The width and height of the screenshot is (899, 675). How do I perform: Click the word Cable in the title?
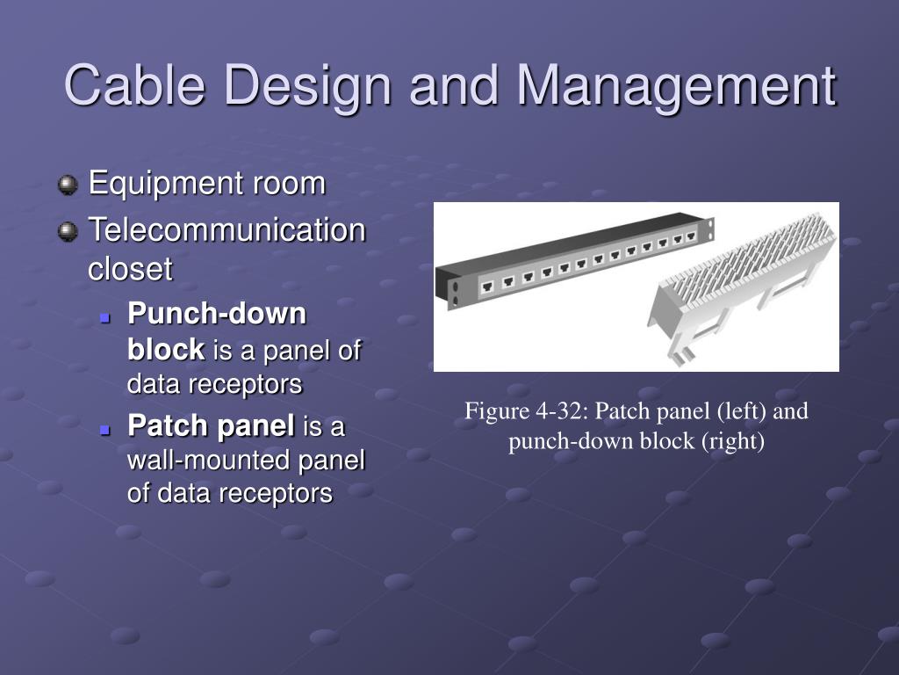click(134, 85)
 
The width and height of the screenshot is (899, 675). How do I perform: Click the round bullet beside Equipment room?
click(68, 185)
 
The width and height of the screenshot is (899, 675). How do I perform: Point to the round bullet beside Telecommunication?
click(68, 232)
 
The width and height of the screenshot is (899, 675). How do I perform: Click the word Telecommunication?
click(227, 230)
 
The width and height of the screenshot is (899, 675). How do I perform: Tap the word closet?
click(130, 269)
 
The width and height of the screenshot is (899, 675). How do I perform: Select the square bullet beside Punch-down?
click(104, 317)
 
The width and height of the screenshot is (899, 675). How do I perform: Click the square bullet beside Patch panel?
click(104, 429)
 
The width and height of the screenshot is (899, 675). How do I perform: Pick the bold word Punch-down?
click(218, 314)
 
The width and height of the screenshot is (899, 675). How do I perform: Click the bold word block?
click(166, 349)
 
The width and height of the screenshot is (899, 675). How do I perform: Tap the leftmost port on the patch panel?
click(487, 287)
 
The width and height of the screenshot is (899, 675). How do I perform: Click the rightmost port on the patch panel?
click(692, 236)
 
